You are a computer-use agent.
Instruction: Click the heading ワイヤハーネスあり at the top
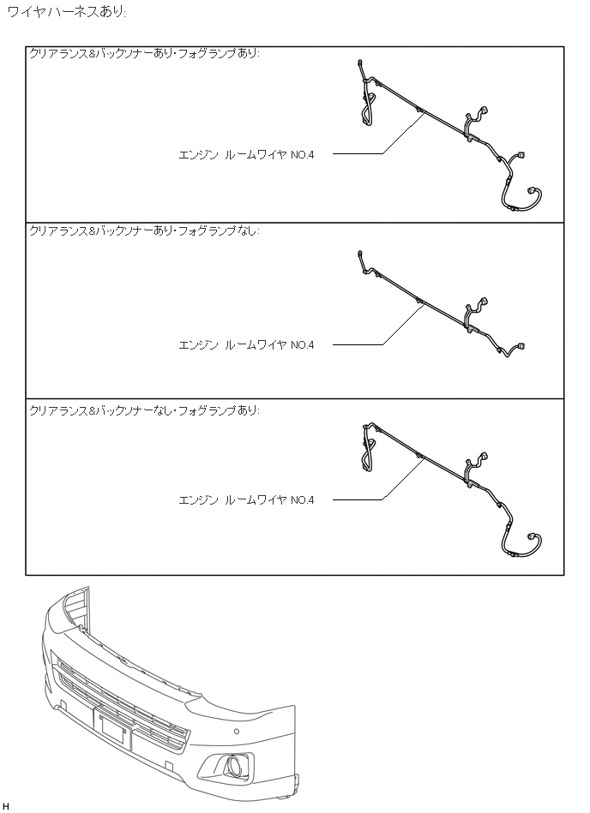[x=66, y=14]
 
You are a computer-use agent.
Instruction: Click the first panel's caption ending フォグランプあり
[x=144, y=54]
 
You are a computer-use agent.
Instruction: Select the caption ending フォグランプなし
[x=144, y=230]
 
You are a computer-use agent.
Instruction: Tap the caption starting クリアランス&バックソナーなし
[x=144, y=410]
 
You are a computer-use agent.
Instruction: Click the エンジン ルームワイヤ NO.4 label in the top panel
[x=246, y=155]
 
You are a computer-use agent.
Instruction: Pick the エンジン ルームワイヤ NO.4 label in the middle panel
[x=246, y=345]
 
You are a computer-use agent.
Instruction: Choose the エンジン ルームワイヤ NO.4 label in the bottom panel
[x=246, y=500]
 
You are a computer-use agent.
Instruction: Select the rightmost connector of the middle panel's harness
[x=521, y=346]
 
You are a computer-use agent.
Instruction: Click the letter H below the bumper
[x=6, y=806]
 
